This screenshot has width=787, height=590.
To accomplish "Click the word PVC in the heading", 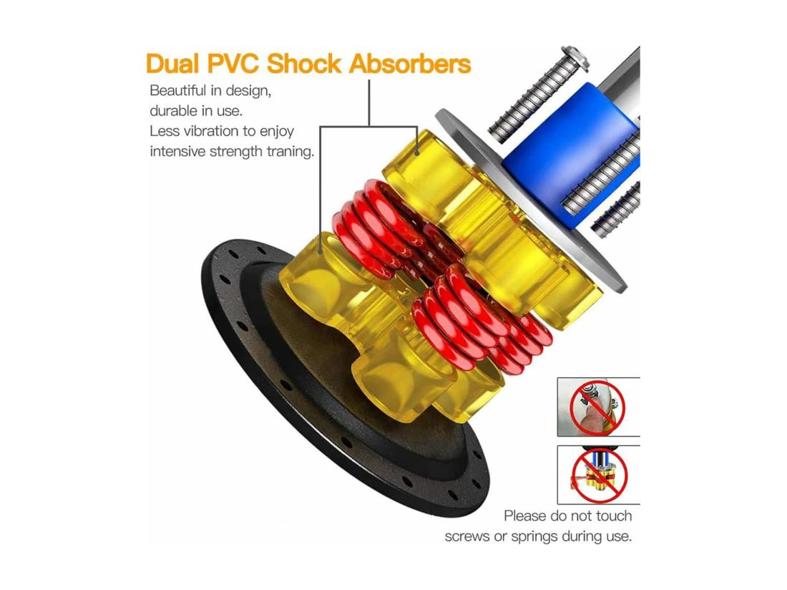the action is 234,64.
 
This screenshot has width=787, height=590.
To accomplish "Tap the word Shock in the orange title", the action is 303,64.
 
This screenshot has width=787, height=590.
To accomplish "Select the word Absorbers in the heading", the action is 410,64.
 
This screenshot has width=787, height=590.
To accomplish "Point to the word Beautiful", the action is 178,91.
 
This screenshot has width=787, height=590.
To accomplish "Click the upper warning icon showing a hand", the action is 598,407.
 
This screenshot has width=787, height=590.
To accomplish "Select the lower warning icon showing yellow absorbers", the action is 598,475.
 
